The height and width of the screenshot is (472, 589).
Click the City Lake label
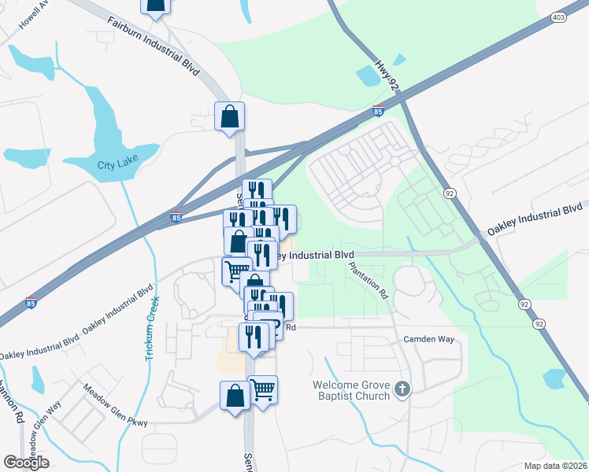[x=117, y=164]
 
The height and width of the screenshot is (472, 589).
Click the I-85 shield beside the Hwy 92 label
[x=379, y=112]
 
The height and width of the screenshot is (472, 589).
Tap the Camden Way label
[x=429, y=339]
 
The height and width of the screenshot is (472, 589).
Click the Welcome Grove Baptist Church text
[x=351, y=390]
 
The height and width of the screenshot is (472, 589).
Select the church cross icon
[x=402, y=389]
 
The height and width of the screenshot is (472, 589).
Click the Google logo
[x=26, y=462]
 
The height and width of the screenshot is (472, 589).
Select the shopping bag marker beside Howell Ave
[x=156, y=6]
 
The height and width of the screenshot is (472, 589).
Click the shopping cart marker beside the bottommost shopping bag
[x=263, y=389]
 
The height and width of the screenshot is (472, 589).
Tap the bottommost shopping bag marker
[x=235, y=395]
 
